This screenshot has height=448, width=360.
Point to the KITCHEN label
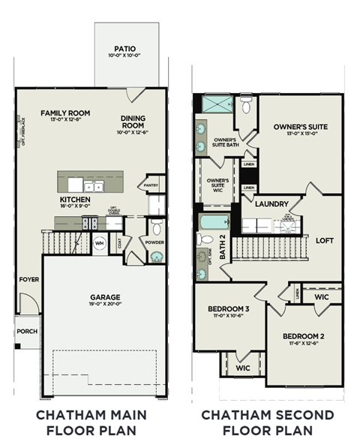pyautogui.click(x=75, y=200)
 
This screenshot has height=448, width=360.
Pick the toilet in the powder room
pyautogui.click(x=156, y=228)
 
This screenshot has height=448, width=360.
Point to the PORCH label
pyautogui.click(x=26, y=331)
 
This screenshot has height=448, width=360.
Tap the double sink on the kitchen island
pyautogui.click(x=94, y=185)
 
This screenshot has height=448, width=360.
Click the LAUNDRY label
pyautogui.click(x=271, y=203)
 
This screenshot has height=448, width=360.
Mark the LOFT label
pyautogui.click(x=324, y=242)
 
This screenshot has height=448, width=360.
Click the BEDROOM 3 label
pyautogui.click(x=228, y=309)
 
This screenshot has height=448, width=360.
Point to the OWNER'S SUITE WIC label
pyautogui.click(x=217, y=185)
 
